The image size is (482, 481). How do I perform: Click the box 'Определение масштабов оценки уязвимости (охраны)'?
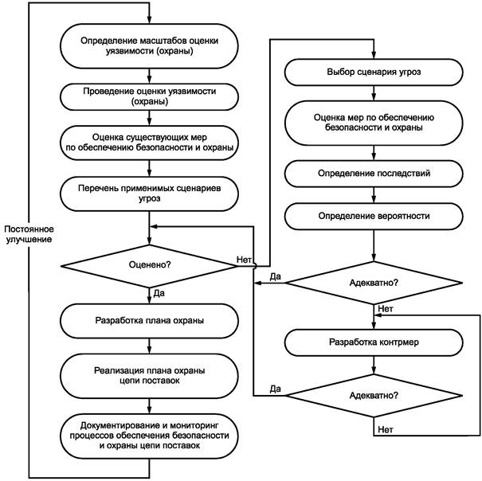tap(150, 46)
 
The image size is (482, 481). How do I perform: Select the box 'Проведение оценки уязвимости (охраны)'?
tap(150, 96)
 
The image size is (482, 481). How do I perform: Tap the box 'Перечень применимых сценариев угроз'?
tap(150, 194)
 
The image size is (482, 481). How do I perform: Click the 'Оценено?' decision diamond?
tap(150, 266)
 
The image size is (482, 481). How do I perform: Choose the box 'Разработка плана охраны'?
tap(150, 321)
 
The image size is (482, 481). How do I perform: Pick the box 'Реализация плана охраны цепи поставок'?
tap(150, 376)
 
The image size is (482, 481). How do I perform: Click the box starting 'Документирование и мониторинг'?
tap(150, 436)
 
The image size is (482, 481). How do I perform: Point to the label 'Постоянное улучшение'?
tap(29, 234)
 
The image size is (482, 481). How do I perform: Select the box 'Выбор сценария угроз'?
tap(374, 72)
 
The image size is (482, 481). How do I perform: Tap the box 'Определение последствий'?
tap(374, 174)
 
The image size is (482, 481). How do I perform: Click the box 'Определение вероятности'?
tap(374, 216)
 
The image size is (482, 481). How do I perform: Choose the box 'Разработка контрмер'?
tap(374, 342)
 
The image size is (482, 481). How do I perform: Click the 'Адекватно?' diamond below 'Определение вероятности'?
tap(374, 283)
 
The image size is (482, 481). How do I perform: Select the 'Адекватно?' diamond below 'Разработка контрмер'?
tap(374, 396)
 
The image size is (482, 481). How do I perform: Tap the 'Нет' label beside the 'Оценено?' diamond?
tap(244, 260)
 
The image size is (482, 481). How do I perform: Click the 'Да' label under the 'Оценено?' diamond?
tap(159, 293)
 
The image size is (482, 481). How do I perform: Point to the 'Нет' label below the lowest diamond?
tap(386, 429)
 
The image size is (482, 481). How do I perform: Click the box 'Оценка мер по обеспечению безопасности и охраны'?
tap(374, 123)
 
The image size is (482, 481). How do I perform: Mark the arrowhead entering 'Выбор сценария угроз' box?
tap(374, 55)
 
